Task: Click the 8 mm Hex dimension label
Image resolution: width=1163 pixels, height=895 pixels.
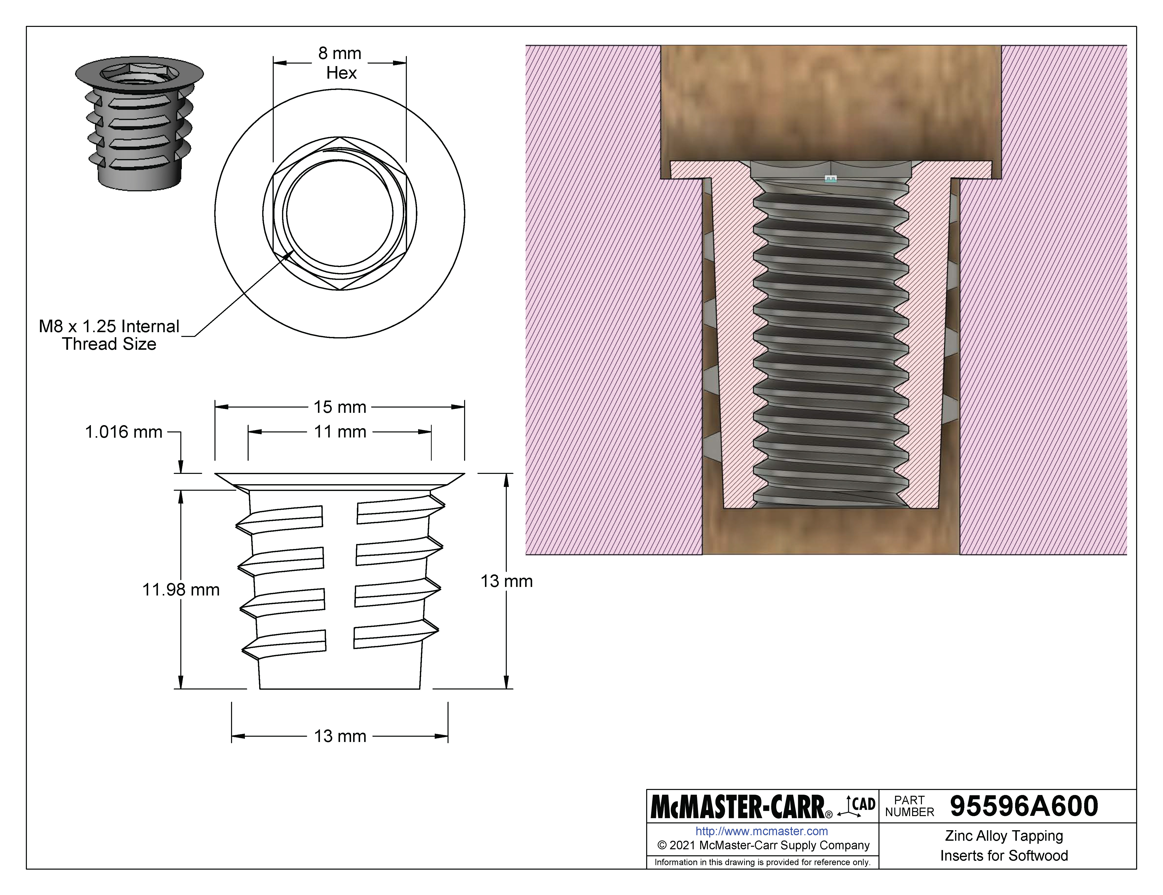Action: click(340, 63)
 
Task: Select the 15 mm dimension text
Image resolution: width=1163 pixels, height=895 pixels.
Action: click(340, 407)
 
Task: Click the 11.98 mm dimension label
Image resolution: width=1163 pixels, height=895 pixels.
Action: click(181, 590)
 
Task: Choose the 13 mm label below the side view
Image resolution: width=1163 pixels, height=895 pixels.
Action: click(340, 736)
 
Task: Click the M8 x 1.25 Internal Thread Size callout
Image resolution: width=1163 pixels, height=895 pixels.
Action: click(109, 335)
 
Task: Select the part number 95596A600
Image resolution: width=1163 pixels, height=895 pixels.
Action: click(1023, 806)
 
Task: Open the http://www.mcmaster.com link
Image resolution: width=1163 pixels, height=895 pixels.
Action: click(761, 831)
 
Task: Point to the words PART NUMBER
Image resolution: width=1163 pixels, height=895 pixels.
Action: click(910, 806)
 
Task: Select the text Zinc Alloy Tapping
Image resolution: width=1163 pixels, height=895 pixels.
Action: click(1004, 836)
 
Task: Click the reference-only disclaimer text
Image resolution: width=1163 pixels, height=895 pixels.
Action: click(762, 862)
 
